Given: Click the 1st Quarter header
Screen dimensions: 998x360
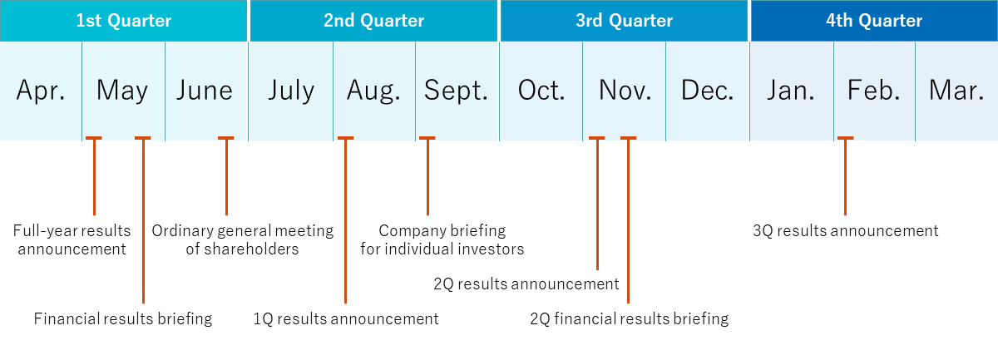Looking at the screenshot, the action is pyautogui.click(x=123, y=21).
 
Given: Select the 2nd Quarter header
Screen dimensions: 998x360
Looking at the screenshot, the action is pyautogui.click(x=373, y=21).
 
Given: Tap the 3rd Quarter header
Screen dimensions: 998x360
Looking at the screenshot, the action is pyautogui.click(x=624, y=21).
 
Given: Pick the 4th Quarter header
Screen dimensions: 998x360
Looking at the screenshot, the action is pyautogui.click(x=874, y=21).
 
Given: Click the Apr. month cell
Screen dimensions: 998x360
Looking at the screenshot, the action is pyautogui.click(x=41, y=91).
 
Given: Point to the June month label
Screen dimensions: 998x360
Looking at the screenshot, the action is pyautogui.click(x=205, y=91).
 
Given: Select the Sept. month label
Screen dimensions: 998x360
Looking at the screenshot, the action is pyautogui.click(x=456, y=91).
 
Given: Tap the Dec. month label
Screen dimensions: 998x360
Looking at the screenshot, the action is pyautogui.click(x=707, y=91).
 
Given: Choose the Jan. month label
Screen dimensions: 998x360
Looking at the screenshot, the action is pyautogui.click(x=790, y=91).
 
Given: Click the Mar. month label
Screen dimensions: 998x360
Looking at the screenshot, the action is pyautogui.click(x=956, y=91).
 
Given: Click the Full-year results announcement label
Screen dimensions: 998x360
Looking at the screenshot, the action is pyautogui.click(x=72, y=239).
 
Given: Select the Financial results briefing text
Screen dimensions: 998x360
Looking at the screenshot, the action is pyautogui.click(x=123, y=319).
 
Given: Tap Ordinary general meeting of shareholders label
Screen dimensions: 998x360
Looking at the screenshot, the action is pyautogui.click(x=242, y=239).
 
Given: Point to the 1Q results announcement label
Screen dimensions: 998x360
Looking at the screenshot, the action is pyautogui.click(x=346, y=319).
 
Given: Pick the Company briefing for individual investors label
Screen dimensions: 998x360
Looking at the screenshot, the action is pyautogui.click(x=442, y=239).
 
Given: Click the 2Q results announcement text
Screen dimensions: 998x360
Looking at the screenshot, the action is pyautogui.click(x=526, y=284).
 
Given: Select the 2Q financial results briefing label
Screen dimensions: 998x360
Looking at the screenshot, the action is pyautogui.click(x=629, y=319).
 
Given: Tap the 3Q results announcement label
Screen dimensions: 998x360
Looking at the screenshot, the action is pyautogui.click(x=846, y=231).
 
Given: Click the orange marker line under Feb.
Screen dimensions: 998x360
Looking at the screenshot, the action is pyautogui.click(x=845, y=176).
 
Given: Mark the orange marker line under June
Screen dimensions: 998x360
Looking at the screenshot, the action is pyautogui.click(x=226, y=176).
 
